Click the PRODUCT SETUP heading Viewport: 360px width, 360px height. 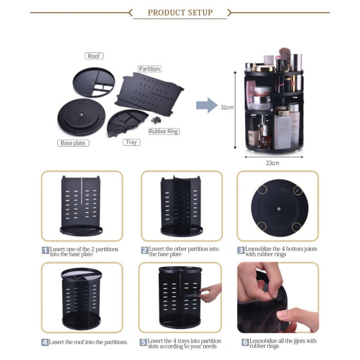tap(180, 12)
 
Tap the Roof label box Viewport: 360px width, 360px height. tap(94, 56)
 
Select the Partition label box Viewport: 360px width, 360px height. tap(149, 69)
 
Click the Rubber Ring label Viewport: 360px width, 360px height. tap(164, 131)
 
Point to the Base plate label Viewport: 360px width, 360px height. tap(73, 143)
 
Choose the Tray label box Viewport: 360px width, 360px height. tap(131, 142)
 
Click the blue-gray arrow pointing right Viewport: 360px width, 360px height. tap(207, 105)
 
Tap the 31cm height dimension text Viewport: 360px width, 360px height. tap(227, 107)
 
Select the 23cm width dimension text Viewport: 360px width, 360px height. tap(273, 163)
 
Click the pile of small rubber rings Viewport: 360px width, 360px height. tap(156, 120)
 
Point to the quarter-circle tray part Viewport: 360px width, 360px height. tap(126, 123)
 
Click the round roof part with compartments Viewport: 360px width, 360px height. tap(94, 82)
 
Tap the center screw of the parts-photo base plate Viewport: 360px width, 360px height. tap(81, 114)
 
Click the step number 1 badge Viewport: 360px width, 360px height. tap(46, 250)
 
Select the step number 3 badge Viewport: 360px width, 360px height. tap(241, 250)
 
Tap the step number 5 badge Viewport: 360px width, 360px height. tap(143, 342)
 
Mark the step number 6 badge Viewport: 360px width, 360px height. tap(245, 342)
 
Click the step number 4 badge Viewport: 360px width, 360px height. tap(45, 342)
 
